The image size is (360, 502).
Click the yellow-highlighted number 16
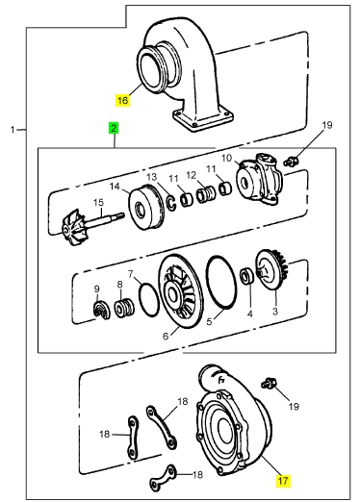[122, 100]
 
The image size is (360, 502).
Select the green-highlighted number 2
[114, 129]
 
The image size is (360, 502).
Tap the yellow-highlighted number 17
[283, 481]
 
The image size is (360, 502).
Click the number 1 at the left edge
[13, 130]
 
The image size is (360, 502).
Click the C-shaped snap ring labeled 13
[171, 204]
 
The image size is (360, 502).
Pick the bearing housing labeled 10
[259, 179]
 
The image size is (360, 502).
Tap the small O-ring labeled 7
[149, 299]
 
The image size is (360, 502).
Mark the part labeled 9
[101, 311]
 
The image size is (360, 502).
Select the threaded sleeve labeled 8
[124, 308]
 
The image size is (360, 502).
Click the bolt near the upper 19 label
[290, 161]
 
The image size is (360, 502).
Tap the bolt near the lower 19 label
[269, 383]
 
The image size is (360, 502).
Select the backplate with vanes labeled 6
[181, 291]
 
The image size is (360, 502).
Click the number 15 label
[98, 203]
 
